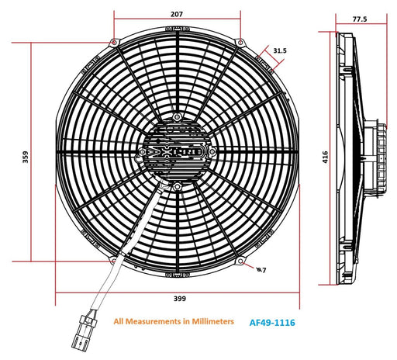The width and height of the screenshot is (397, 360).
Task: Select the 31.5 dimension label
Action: coord(280,50)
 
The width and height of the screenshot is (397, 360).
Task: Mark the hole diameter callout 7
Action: coord(262,270)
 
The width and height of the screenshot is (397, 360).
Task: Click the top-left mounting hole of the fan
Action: coord(115,42)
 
